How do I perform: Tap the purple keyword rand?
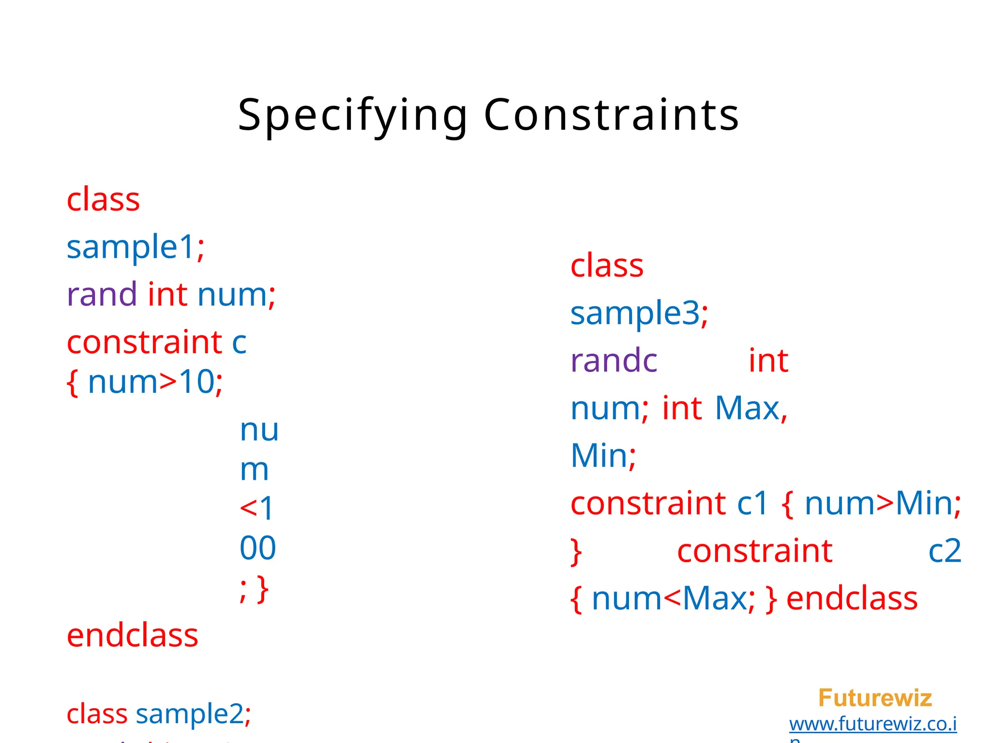(x=102, y=294)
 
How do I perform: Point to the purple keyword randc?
(x=614, y=360)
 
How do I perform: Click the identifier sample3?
(x=635, y=313)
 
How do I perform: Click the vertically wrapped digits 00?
(x=257, y=548)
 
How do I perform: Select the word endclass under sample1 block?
(x=132, y=635)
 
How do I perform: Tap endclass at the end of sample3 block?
(x=852, y=598)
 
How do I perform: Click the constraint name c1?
(x=752, y=503)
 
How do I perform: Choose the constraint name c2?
(x=944, y=551)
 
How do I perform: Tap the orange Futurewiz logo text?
(x=875, y=698)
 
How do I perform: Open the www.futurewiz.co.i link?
(x=873, y=724)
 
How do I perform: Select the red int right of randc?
(x=768, y=360)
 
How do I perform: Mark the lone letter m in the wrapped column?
(x=254, y=470)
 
